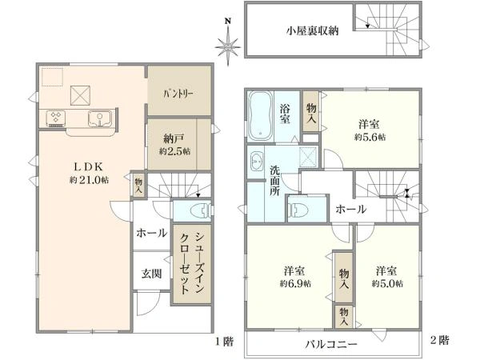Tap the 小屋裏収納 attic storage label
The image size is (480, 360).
pyautogui.click(x=312, y=31)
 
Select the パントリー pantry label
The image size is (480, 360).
pyautogui.click(x=178, y=94)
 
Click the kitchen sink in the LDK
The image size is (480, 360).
pyautogui.click(x=100, y=118)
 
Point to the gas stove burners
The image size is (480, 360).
pyautogui.click(x=55, y=118)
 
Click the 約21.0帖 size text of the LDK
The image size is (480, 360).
pyautogui.click(x=89, y=180)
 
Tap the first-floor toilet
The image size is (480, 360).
pyautogui.click(x=201, y=210)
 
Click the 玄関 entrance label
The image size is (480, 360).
pyautogui.click(x=151, y=274)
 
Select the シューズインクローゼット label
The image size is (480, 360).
pyautogui.click(x=192, y=263)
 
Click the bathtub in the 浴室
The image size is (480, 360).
pyautogui.click(x=260, y=116)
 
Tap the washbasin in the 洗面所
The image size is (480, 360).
pyautogui.click(x=256, y=161)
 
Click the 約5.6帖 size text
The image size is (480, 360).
pyautogui.click(x=370, y=137)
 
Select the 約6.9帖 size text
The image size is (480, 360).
pyautogui.click(x=295, y=283)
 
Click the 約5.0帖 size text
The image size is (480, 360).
pyautogui.click(x=387, y=283)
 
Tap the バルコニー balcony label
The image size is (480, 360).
pyautogui.click(x=331, y=344)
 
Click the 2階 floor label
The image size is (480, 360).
pyautogui.click(x=439, y=340)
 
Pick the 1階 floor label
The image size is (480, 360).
pyautogui.click(x=224, y=342)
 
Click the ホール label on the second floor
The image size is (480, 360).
pyautogui.click(x=350, y=210)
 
